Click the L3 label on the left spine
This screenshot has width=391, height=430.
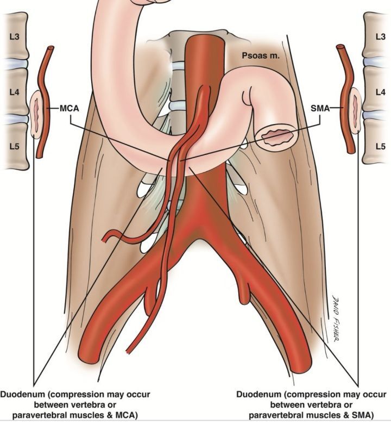click(14, 36)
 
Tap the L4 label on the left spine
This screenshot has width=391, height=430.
click(14, 92)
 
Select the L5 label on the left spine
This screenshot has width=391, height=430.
click(14, 146)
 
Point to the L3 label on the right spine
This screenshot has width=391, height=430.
click(380, 36)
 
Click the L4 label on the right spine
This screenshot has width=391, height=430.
click(380, 92)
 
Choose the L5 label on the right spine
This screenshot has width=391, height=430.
click(380, 146)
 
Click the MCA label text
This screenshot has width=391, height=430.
click(70, 109)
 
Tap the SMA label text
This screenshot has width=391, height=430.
click(320, 108)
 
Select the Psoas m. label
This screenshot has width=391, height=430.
click(261, 56)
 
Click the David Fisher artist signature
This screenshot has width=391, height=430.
click(334, 318)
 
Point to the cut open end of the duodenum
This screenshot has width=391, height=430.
click(276, 136)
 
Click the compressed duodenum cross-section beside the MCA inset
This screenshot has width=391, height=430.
click(37, 113)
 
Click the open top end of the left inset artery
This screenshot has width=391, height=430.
click(51, 48)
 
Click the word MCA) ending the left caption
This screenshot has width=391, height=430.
click(126, 415)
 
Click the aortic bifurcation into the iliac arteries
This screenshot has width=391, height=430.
click(199, 233)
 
